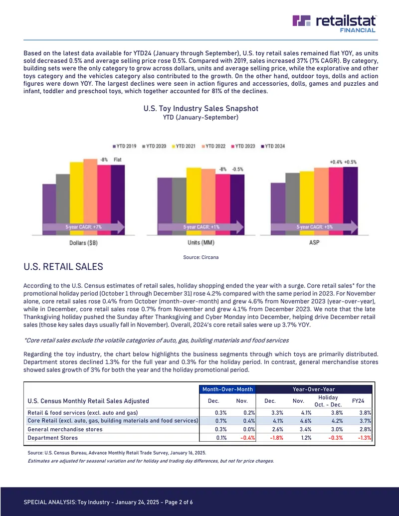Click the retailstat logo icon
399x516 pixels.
pos(301,20)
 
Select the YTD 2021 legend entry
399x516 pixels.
pos(184,146)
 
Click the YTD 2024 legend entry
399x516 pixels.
pos(273,146)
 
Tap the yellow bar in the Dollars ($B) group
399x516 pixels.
pos(76,198)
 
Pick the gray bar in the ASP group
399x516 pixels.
pos(292,204)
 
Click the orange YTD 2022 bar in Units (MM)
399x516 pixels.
pos(208,202)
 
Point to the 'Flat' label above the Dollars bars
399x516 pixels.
pos(118,160)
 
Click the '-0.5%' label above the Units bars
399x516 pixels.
pos(237,169)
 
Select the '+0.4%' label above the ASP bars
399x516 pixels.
pos(336,162)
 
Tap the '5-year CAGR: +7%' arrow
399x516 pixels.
pos(84,227)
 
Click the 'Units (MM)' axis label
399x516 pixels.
pos(201,242)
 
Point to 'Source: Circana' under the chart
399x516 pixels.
pos(201,257)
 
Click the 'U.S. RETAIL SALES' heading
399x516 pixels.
pos(63,267)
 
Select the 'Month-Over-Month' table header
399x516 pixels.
pos(227,389)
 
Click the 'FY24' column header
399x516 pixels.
pos(358,401)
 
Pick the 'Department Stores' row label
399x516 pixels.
pos(53,438)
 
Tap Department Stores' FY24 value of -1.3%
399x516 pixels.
pos(365,438)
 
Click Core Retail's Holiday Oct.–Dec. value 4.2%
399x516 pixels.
pos(337,421)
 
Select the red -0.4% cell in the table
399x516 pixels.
pos(248,438)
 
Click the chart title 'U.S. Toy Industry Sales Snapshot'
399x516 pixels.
pos(201,109)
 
